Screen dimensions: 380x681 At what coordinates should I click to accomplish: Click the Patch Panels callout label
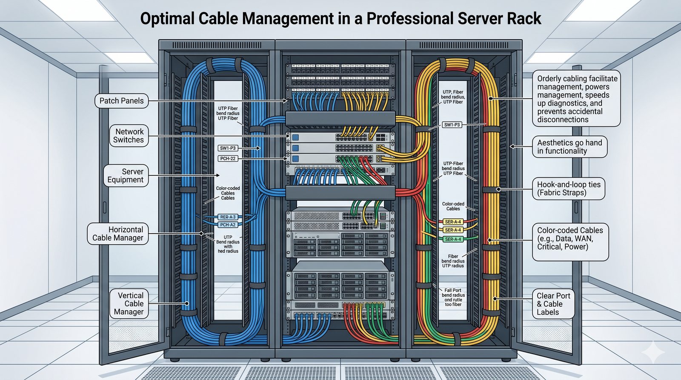[121, 101]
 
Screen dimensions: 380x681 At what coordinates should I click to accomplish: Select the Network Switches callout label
[129, 136]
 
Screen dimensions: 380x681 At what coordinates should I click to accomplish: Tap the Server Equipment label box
[126, 175]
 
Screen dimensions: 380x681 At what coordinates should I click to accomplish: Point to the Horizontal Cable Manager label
[118, 234]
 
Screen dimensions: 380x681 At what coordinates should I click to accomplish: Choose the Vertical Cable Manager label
[129, 303]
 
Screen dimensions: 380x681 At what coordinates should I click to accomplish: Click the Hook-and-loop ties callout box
[569, 189]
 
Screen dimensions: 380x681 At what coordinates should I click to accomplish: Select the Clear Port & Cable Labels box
[553, 304]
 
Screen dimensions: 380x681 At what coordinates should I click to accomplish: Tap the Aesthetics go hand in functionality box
[569, 147]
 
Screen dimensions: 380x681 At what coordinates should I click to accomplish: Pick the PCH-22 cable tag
[228, 159]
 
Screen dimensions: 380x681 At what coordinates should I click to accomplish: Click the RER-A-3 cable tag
[228, 217]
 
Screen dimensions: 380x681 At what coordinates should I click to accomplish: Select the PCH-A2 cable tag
[228, 225]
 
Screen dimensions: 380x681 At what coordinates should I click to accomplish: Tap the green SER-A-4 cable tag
[453, 239]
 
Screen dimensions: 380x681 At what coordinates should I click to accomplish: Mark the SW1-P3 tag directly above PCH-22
[228, 148]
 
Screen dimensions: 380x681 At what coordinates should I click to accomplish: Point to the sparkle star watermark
[653, 351]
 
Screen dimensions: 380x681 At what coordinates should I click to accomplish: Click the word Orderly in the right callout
[549, 79]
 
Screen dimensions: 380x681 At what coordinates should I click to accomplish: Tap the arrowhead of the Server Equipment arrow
[218, 175]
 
